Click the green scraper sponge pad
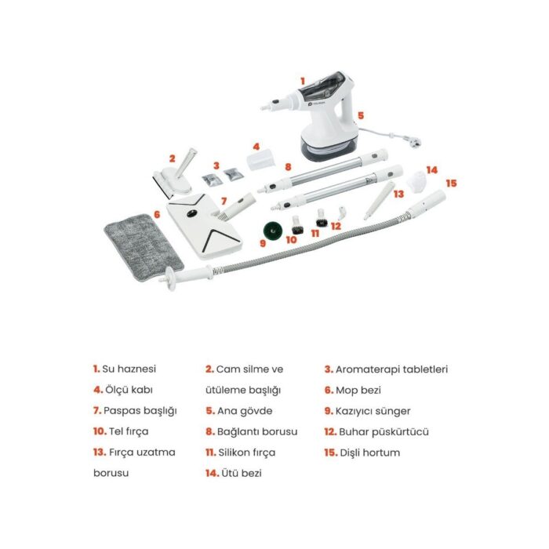[272, 230]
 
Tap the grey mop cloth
[144, 248]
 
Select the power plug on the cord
[415, 142]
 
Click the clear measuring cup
[261, 159]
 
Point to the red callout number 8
[288, 167]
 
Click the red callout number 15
[451, 183]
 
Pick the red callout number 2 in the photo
[172, 158]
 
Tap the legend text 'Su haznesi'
[129, 369]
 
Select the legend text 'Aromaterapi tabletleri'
[391, 369]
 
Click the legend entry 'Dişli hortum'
[369, 453]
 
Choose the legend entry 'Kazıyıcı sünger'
[373, 411]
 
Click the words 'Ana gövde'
[245, 411]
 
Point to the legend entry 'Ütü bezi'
[242, 473]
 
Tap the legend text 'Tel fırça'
[129, 431]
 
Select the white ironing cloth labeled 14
[416, 181]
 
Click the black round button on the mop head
[191, 213]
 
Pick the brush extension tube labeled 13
[379, 201]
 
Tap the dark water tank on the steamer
[322, 85]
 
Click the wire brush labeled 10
[297, 225]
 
